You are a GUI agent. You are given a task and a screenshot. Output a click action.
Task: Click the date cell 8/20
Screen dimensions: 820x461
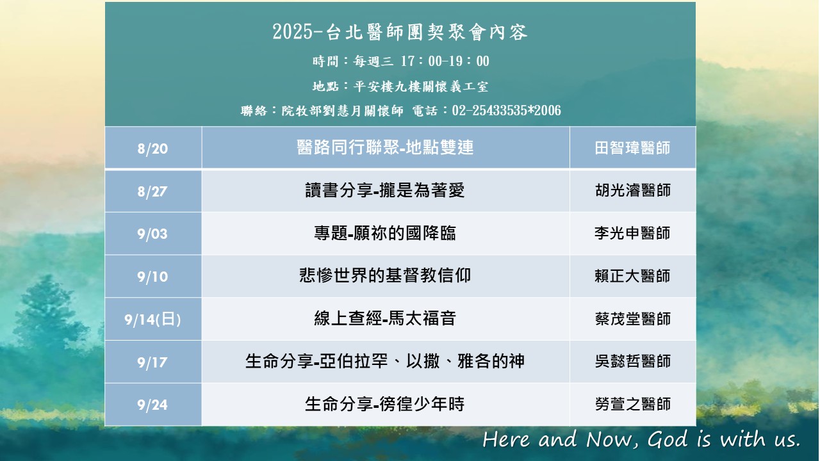[x=152, y=149]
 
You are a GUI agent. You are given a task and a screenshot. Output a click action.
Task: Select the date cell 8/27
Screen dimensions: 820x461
[x=152, y=191]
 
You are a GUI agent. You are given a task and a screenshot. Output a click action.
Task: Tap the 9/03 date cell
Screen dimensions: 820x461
[x=152, y=234]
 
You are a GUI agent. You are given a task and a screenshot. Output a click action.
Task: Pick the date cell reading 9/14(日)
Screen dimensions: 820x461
[x=152, y=319]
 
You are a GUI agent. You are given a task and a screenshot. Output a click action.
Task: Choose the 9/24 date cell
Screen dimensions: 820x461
[x=152, y=405]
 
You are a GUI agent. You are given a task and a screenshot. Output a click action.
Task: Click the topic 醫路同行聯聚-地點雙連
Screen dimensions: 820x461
[x=385, y=147]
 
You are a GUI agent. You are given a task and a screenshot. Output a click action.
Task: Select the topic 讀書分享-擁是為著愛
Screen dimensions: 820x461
[x=385, y=190]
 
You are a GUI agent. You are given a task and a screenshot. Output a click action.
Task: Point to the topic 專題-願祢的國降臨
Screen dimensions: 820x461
[x=385, y=233]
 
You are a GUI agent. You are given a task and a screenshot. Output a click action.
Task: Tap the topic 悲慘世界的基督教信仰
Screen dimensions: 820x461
[x=385, y=275]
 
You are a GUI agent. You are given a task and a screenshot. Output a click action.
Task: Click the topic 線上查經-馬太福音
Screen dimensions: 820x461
[x=385, y=318]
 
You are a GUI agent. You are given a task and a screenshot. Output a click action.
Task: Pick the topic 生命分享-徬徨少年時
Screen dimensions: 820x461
[x=385, y=404]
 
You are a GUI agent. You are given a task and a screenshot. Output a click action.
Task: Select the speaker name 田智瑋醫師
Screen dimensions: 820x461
[x=632, y=148]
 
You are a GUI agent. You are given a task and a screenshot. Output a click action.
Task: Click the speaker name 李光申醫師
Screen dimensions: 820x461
[x=632, y=233]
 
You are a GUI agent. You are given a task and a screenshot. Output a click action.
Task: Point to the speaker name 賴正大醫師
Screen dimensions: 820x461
[x=632, y=276]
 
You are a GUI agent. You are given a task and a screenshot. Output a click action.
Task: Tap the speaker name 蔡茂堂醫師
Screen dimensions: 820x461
[x=632, y=319]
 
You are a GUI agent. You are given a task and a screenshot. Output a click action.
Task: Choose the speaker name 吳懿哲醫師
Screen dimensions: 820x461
[x=632, y=361]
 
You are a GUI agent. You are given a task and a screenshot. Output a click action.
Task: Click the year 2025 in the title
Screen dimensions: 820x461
[x=293, y=32]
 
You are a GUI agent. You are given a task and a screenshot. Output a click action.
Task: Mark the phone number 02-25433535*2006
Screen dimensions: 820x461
[x=507, y=111]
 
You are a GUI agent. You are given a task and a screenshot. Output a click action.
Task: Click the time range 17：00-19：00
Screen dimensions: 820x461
[x=445, y=61]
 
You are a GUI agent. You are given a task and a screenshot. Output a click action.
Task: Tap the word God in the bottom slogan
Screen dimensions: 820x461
[x=668, y=439]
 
